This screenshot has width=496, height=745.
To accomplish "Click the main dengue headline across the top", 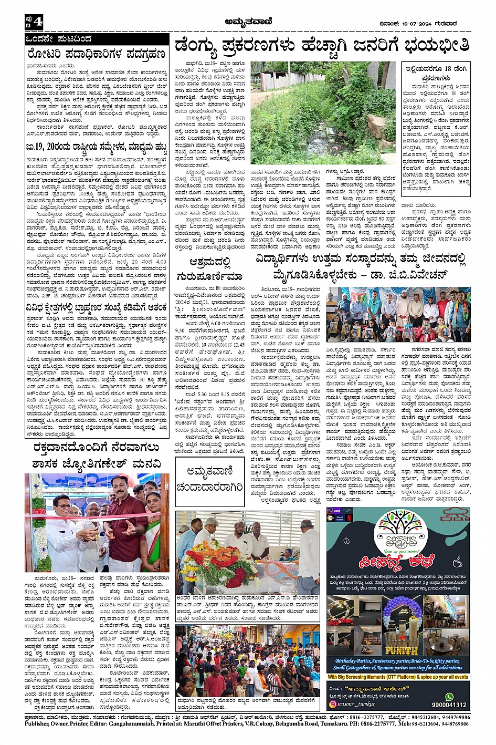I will pos(322,46).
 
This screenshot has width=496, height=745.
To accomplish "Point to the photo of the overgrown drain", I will pos(323,113).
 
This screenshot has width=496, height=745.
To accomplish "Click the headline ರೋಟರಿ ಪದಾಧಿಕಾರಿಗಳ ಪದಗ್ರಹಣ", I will pos(97,54).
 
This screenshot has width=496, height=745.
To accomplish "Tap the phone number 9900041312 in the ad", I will pos(449,705).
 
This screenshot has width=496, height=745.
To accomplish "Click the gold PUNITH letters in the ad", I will pos(400,649).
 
